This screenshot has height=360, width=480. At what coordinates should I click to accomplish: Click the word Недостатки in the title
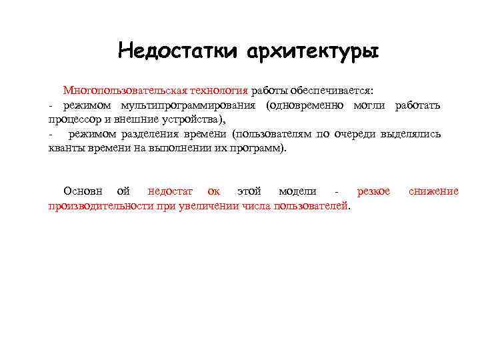click(x=178, y=51)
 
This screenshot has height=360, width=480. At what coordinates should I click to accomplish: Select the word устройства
click(x=197, y=119)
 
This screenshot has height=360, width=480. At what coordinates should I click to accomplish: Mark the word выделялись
click(x=411, y=134)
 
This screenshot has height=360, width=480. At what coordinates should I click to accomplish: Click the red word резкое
click(x=374, y=191)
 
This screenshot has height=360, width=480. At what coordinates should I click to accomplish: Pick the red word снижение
click(x=433, y=191)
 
